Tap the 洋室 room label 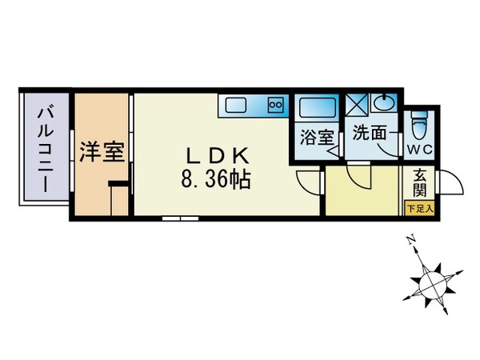[x=102, y=151]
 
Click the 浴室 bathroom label [x=317, y=138]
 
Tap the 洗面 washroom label [x=368, y=137]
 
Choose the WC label [x=421, y=149]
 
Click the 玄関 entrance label [x=420, y=186]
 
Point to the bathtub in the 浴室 [x=318, y=107]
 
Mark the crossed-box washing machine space [x=356, y=105]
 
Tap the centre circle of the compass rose [x=433, y=282]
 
